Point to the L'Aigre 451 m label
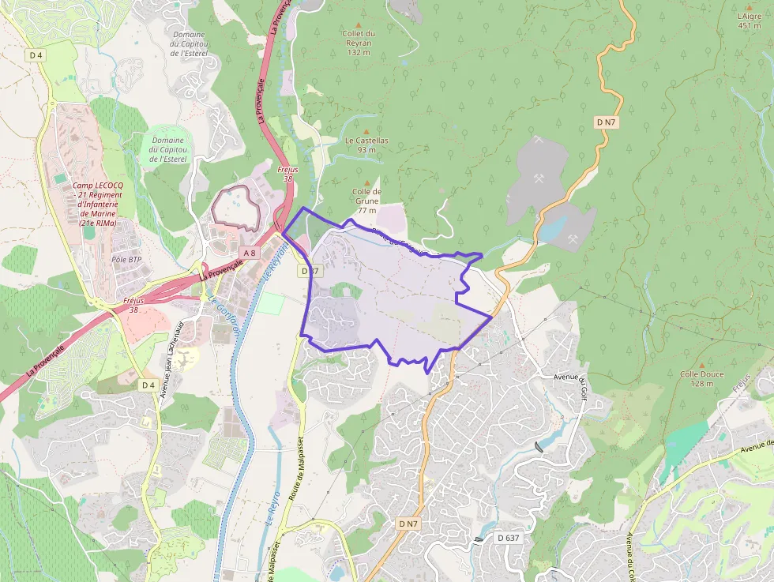pyautogui.click(x=749, y=15)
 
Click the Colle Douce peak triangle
pyautogui.click(x=701, y=366)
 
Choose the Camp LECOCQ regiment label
pyautogui.click(x=96, y=204)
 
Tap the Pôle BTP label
pyautogui.click(x=126, y=259)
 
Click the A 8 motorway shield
pyautogui.click(x=250, y=253)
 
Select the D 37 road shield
pyautogui.click(x=310, y=270)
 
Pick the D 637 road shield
pyautogui.click(x=509, y=538)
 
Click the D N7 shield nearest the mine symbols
pyautogui.click(x=605, y=122)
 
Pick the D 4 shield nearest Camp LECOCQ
pyautogui.click(x=35, y=54)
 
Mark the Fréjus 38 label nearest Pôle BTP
pyautogui.click(x=135, y=305)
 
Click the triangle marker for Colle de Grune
pyautogui.click(x=366, y=182)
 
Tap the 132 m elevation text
pyautogui.click(x=359, y=52)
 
